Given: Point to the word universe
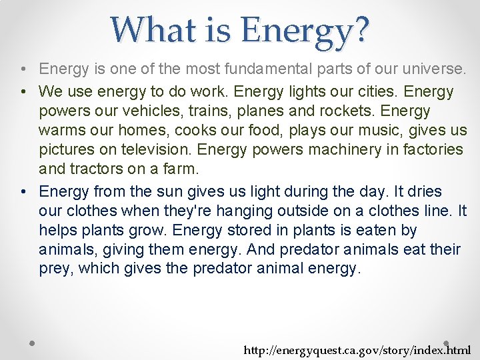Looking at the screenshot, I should (x=434, y=69).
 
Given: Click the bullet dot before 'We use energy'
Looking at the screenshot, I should (x=23, y=91).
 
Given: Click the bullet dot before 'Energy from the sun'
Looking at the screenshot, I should (x=23, y=192).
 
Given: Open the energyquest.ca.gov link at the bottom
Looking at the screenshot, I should (x=357, y=350).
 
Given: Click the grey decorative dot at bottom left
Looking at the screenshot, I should (x=32, y=343).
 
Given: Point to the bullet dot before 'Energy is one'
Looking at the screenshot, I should (x=23, y=69).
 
